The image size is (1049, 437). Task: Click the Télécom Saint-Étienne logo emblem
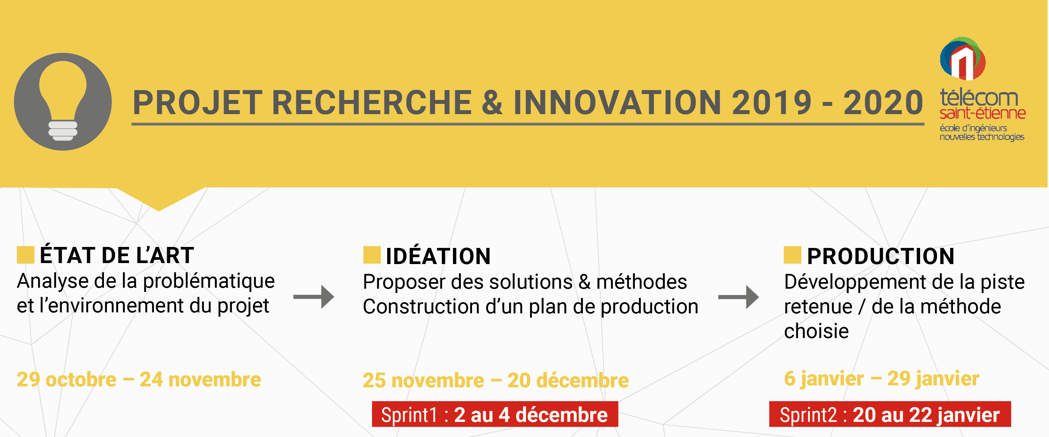[x=963, y=59]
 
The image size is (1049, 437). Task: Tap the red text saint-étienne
[x=982, y=113]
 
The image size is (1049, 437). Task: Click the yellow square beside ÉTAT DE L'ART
[x=25, y=255]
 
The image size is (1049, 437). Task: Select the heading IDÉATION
[x=438, y=256]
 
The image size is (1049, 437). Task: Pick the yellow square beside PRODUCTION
[x=792, y=255]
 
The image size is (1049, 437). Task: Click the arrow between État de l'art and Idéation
[x=313, y=297]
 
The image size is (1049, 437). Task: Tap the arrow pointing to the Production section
[x=738, y=297]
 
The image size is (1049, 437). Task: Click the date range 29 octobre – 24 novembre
[x=139, y=380]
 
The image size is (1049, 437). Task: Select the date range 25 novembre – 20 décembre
[x=496, y=380]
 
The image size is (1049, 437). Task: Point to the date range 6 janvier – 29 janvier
[x=882, y=379]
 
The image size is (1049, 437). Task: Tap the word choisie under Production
[x=816, y=331]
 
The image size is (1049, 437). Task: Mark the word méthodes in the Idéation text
[x=641, y=281]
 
